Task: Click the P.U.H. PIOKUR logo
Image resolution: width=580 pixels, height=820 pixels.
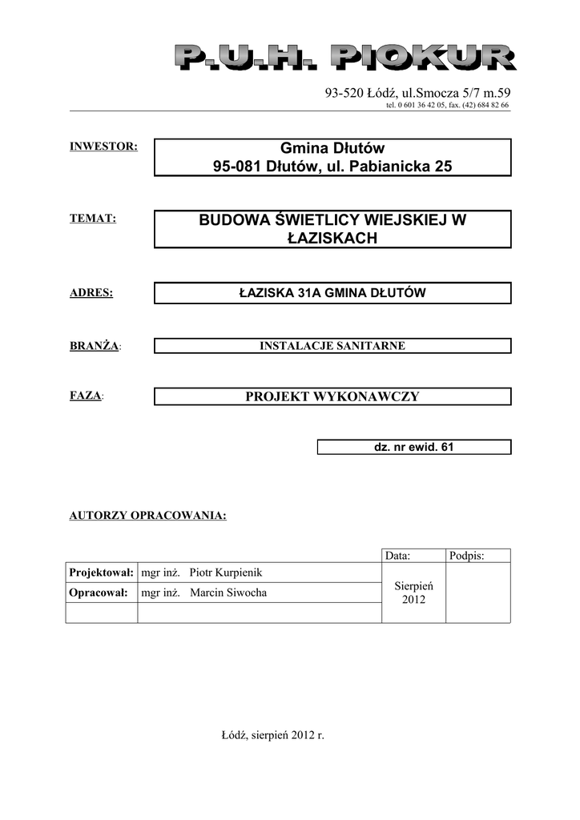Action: [x=344, y=58]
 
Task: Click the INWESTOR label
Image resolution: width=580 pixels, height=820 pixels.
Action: [x=104, y=147]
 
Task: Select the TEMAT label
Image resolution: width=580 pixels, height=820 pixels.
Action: [x=94, y=218]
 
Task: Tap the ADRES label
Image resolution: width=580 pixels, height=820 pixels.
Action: [x=91, y=293]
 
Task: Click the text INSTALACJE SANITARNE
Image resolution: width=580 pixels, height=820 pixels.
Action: [x=332, y=346]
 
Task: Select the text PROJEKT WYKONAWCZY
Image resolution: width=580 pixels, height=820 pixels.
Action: [x=332, y=396]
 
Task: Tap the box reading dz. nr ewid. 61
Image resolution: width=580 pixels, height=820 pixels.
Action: [x=413, y=447]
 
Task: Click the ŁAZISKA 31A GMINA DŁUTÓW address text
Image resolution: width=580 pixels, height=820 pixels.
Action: [x=332, y=293]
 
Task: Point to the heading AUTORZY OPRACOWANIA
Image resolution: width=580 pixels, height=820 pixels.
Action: [x=148, y=515]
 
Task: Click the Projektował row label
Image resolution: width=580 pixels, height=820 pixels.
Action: [x=102, y=573]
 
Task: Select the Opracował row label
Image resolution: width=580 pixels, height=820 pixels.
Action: [x=99, y=593]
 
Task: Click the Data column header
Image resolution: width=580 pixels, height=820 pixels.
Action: [x=398, y=555]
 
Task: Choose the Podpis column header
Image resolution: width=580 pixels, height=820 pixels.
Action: [x=467, y=555]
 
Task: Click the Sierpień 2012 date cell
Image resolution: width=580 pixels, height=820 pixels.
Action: [x=413, y=593]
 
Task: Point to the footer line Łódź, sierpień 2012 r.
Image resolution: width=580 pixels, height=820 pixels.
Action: [x=272, y=735]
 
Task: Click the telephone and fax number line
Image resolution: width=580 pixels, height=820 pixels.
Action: [x=447, y=105]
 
